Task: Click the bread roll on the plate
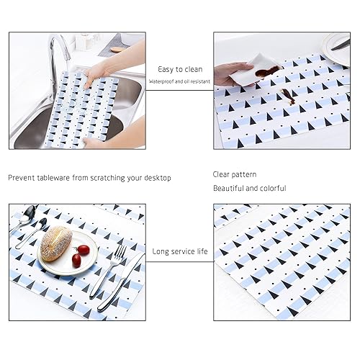click(x=56, y=244)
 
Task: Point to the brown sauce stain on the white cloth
click(x=267, y=71)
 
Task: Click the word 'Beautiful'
click(x=228, y=188)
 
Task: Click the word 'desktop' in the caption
click(x=158, y=178)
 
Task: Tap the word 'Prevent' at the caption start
click(x=22, y=178)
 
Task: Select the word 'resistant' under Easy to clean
click(x=200, y=81)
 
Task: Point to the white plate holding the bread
click(x=68, y=253)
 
